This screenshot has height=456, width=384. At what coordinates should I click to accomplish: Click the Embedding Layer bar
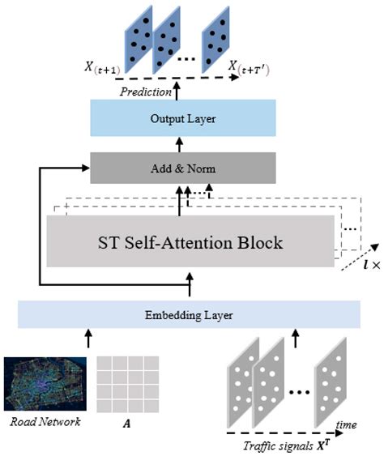pos(187,313)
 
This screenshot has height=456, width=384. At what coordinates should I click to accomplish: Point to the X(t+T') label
pos(264,70)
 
